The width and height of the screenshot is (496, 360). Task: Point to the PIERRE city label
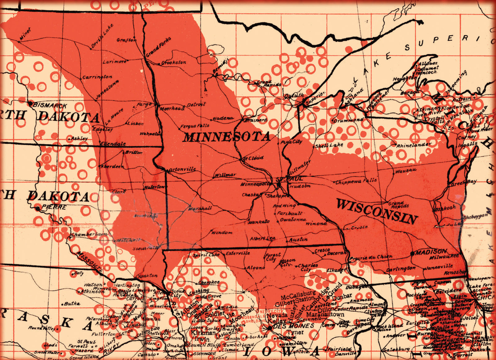coord(54,207)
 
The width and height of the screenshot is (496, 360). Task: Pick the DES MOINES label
coord(293,326)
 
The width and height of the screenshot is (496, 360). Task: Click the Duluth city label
coord(294,95)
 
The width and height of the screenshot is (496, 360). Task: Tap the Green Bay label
coord(463,183)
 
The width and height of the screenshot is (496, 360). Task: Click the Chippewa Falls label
coord(356,181)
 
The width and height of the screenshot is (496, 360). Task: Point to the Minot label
coord(25,34)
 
